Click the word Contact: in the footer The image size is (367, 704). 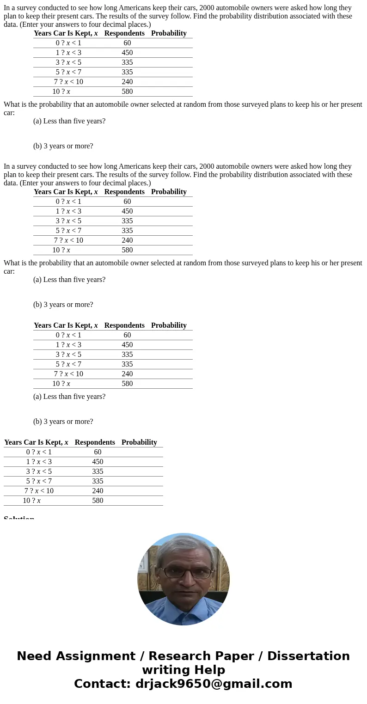click(x=102, y=684)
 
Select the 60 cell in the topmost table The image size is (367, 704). click(x=127, y=43)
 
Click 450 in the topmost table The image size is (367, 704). click(x=127, y=53)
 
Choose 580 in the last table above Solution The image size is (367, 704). click(x=98, y=501)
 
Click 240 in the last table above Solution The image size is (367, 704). click(x=98, y=491)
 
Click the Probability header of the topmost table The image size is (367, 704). click(x=169, y=33)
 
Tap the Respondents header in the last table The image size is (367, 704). click(x=95, y=442)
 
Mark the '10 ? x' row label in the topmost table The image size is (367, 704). click(x=61, y=92)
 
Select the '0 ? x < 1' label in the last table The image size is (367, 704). click(x=39, y=452)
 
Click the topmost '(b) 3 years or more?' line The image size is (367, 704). click(x=63, y=146)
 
